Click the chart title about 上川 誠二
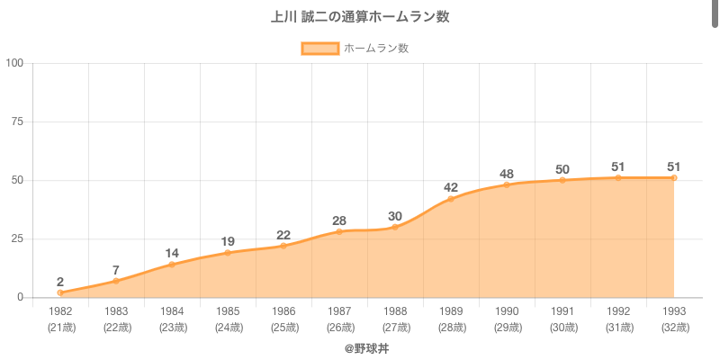click(x=360, y=17)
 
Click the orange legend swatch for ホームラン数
click(x=319, y=49)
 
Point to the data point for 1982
click(x=60, y=292)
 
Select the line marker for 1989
click(x=451, y=199)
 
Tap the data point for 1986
click(x=283, y=246)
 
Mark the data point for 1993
click(x=674, y=178)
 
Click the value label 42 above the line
click(x=451, y=187)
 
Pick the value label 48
click(x=507, y=174)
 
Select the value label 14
click(x=172, y=253)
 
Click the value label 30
click(x=395, y=216)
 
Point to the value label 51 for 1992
click(x=618, y=166)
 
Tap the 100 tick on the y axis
click(x=14, y=63)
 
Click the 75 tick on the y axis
click(x=17, y=121)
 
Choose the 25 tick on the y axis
click(x=17, y=238)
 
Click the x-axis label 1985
click(x=228, y=311)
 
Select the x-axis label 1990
click(x=507, y=311)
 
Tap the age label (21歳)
click(x=60, y=327)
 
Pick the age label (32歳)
click(x=674, y=327)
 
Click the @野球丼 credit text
click(x=366, y=347)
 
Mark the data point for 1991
click(x=562, y=180)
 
